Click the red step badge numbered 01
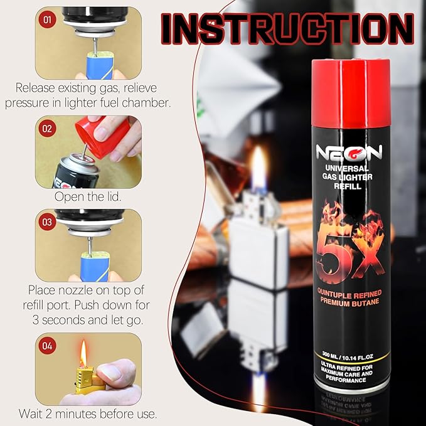pyautogui.click(x=47, y=19)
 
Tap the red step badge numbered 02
pyautogui.click(x=47, y=128)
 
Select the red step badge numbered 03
pyautogui.click(x=47, y=222)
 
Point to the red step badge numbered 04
pyautogui.click(x=47, y=346)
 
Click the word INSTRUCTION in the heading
pyautogui.click(x=288, y=29)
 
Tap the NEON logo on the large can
pyautogui.click(x=349, y=152)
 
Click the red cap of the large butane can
pyautogui.click(x=351, y=93)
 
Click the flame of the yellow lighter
pyautogui.click(x=83, y=353)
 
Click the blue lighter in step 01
pyautogui.click(x=100, y=65)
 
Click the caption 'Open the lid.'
pyautogui.click(x=88, y=196)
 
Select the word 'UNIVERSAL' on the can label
pyautogui.click(x=347, y=168)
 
